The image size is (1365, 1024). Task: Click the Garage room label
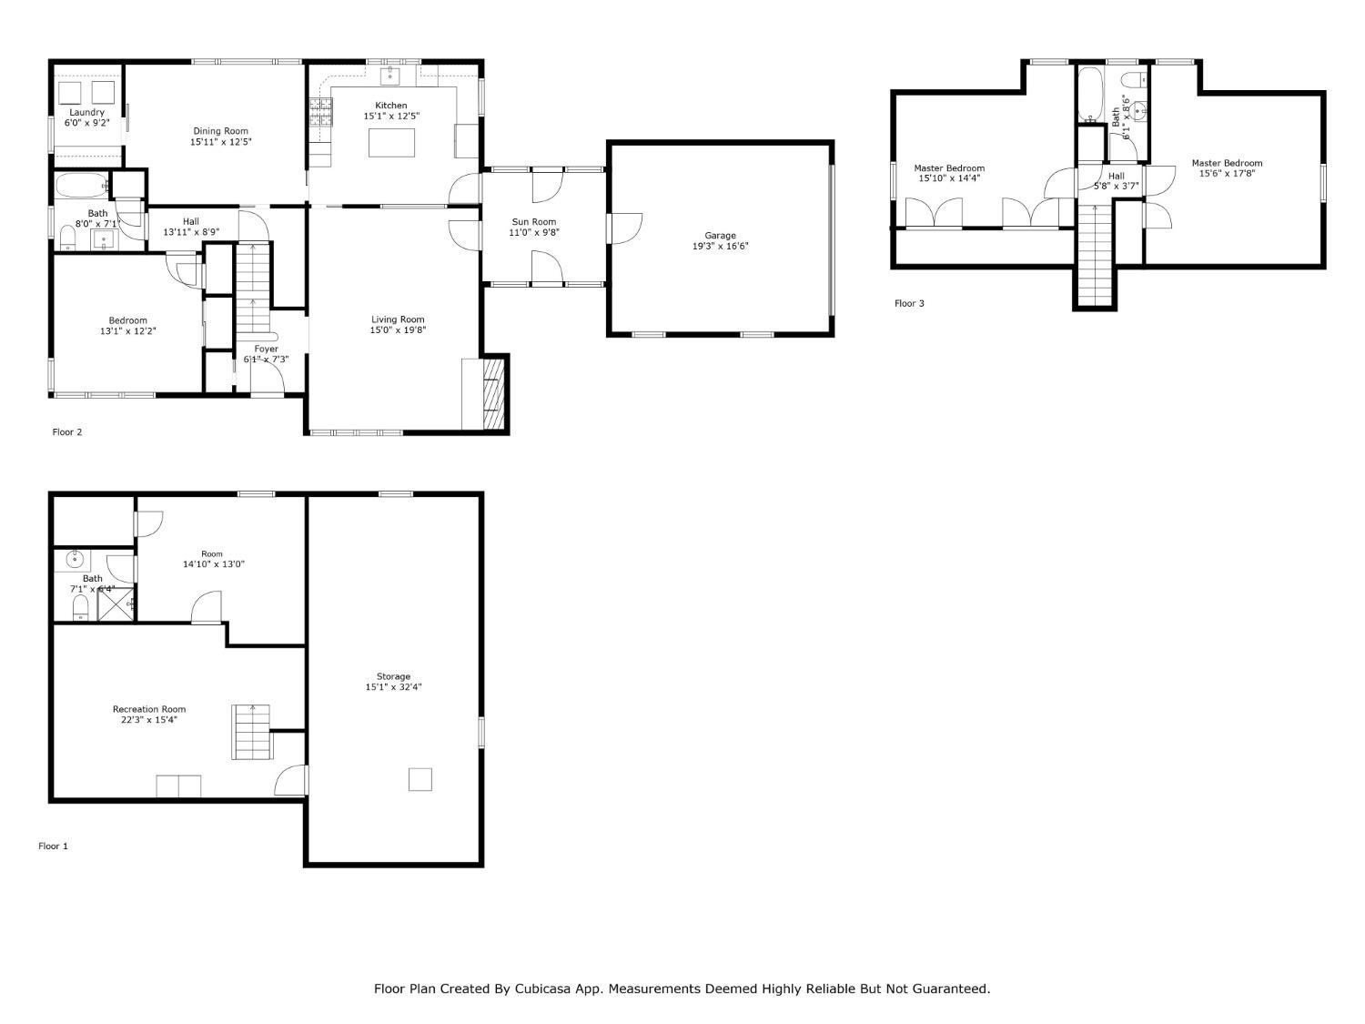[x=720, y=236]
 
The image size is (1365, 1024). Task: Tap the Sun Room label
[x=534, y=222]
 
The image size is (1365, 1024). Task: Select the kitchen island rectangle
[x=391, y=143]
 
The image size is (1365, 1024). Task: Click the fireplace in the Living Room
[x=492, y=392]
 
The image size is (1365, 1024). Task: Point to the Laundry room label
[x=86, y=113]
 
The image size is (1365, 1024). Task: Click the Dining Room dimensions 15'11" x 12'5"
[x=220, y=142]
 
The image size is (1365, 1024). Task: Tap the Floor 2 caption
[x=67, y=432]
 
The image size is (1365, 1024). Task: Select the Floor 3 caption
[x=909, y=303]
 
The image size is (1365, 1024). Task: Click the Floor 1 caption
[x=53, y=847]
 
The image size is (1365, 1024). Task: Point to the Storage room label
[x=394, y=676]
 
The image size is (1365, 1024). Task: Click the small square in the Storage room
[x=420, y=779]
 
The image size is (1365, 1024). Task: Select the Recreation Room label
[x=149, y=709]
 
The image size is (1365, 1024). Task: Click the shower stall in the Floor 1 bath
[x=116, y=604]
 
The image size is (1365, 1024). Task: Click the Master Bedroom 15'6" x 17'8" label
[x=1227, y=164]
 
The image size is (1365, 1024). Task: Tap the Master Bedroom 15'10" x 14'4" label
[x=949, y=168]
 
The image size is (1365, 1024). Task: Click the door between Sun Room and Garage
[x=623, y=228]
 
